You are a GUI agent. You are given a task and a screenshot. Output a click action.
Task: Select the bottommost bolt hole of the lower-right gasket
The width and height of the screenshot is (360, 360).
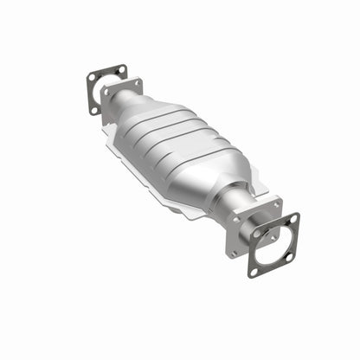[255, 271]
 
